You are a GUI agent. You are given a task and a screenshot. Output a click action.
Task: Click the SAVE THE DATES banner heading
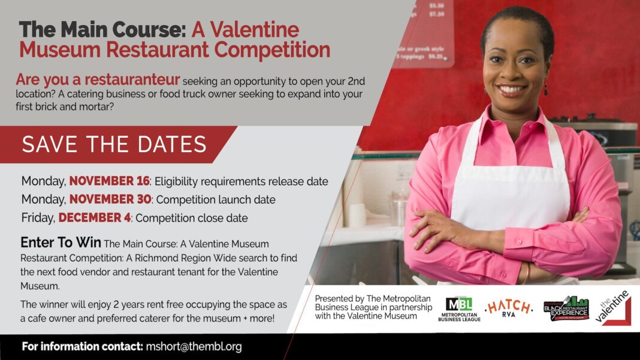tap(114, 144)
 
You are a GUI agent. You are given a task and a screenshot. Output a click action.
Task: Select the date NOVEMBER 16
tap(109, 181)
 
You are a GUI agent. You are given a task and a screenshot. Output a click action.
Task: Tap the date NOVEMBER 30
tap(110, 199)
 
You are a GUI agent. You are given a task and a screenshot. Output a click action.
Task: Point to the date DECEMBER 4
tap(94, 217)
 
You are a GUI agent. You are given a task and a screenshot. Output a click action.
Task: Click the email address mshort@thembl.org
tap(194, 347)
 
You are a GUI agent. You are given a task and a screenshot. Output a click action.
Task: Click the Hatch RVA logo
tap(508, 308)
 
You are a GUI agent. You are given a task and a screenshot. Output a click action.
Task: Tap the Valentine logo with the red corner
tap(614, 308)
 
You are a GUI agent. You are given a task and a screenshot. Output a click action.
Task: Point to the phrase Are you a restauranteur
tap(97, 80)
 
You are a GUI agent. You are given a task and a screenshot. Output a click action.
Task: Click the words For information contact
tap(82, 347)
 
